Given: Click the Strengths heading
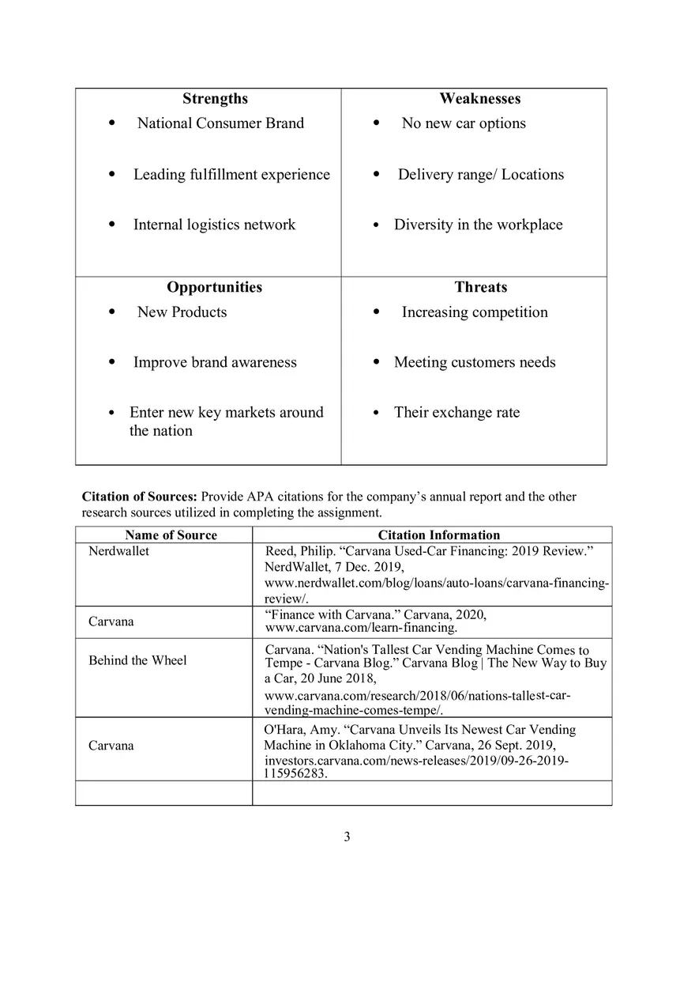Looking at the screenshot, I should click(x=215, y=99).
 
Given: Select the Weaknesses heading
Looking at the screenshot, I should click(x=479, y=99).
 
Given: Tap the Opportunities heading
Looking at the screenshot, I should click(x=214, y=287).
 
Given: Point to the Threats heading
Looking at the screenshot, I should click(x=480, y=287).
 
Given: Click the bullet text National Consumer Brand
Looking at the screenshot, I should click(x=220, y=123).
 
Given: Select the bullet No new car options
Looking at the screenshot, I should click(x=464, y=123).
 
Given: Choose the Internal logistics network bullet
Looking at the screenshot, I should click(x=214, y=225).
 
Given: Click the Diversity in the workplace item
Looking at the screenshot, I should click(x=478, y=225).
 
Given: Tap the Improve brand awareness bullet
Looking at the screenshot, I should click(x=215, y=362).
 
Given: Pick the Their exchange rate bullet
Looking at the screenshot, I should click(x=456, y=412).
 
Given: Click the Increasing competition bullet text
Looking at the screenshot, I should click(x=474, y=312).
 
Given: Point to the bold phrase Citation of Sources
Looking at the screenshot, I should click(x=139, y=497).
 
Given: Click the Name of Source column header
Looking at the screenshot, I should click(x=171, y=535).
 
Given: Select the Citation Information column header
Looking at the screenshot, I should click(x=438, y=535).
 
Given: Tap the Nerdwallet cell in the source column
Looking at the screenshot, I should click(x=118, y=551).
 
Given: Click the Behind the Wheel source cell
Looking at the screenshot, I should click(x=137, y=660).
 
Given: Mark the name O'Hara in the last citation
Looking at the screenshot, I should click(x=281, y=730).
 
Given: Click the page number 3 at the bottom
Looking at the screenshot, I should click(x=347, y=837).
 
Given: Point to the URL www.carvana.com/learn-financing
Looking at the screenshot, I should click(x=361, y=628).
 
